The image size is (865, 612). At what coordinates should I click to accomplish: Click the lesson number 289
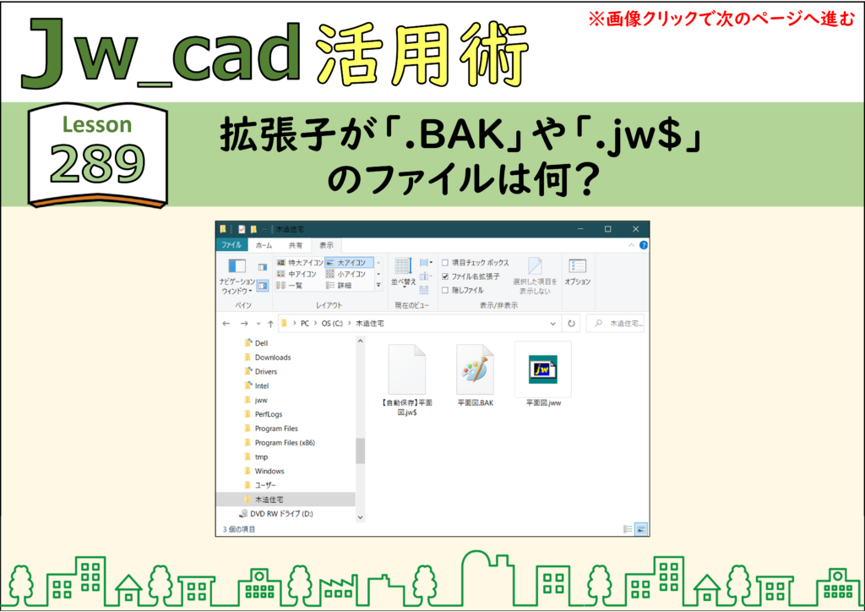pyautogui.click(x=98, y=164)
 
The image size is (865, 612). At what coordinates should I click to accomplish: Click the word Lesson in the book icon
pyautogui.click(x=97, y=125)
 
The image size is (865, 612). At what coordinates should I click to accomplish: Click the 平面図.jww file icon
pyautogui.click(x=543, y=369)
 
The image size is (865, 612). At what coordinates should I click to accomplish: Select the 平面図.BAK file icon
pyautogui.click(x=475, y=369)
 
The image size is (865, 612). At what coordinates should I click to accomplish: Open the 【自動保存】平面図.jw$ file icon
pyautogui.click(x=407, y=369)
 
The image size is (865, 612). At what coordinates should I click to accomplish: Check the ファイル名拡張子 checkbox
pyautogui.click(x=445, y=276)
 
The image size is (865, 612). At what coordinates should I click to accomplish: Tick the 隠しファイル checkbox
pyautogui.click(x=445, y=290)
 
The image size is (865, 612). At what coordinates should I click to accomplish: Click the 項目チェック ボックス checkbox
pyautogui.click(x=445, y=263)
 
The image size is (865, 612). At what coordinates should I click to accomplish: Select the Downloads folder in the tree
pyautogui.click(x=273, y=358)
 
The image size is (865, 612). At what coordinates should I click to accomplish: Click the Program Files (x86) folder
pyautogui.click(x=285, y=443)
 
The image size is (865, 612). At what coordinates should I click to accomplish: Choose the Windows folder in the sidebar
pyautogui.click(x=269, y=472)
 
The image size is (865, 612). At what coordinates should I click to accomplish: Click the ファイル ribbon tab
pyautogui.click(x=231, y=245)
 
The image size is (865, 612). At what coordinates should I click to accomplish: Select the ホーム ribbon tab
pyautogui.click(x=264, y=246)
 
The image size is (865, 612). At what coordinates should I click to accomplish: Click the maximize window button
pyautogui.click(x=608, y=229)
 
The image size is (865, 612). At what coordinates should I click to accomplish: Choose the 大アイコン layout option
pyautogui.click(x=349, y=263)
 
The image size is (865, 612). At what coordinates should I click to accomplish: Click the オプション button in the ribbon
pyautogui.click(x=578, y=273)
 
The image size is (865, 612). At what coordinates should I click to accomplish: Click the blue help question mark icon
pyautogui.click(x=643, y=245)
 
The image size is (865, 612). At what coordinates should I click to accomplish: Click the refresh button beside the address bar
pyautogui.click(x=572, y=324)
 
